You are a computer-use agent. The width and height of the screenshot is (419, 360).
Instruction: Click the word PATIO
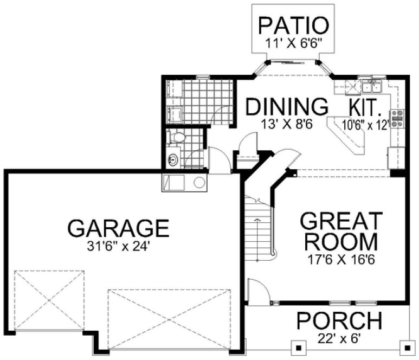[293, 25]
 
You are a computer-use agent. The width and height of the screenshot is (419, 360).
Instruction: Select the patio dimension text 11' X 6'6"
[293, 43]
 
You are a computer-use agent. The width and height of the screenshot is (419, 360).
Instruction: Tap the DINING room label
[287, 107]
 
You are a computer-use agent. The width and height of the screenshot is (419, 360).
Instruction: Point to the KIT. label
[369, 106]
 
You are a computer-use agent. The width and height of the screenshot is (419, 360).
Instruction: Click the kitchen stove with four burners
[398, 118]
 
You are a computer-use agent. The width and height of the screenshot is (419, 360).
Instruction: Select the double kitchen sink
[373, 86]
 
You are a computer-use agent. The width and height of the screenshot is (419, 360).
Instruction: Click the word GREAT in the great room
[341, 222]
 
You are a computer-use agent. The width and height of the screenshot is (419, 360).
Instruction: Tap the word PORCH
[339, 322]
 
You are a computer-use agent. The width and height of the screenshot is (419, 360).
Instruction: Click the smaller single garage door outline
[49, 299]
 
